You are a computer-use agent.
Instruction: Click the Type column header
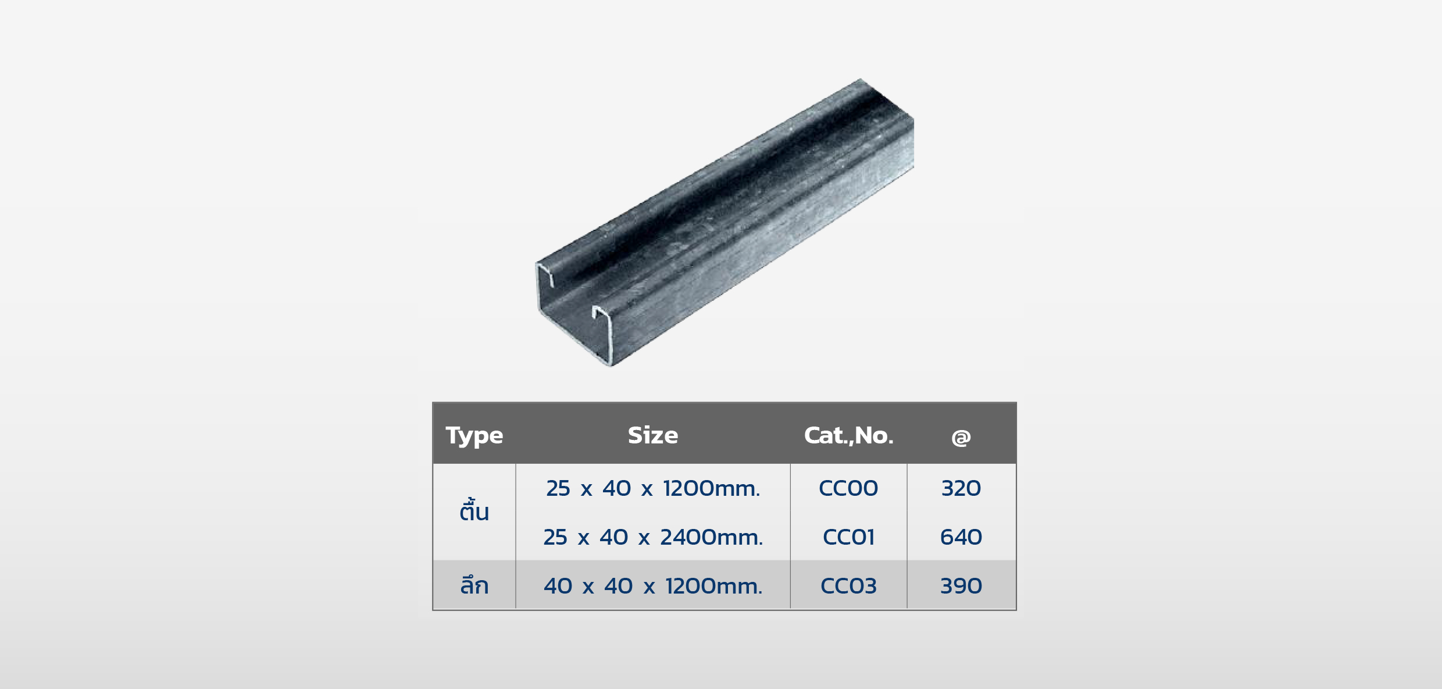(474, 436)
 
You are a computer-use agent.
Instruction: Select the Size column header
(653, 435)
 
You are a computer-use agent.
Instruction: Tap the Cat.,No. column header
(848, 435)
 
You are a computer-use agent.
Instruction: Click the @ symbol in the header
(961, 437)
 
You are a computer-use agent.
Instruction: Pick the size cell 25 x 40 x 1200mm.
(653, 488)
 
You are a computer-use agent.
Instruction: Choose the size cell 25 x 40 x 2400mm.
(653, 537)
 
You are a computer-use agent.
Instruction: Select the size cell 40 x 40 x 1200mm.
(653, 586)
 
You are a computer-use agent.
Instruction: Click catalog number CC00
(848, 488)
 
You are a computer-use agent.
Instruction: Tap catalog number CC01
(848, 537)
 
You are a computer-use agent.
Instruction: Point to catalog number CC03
(848, 586)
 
